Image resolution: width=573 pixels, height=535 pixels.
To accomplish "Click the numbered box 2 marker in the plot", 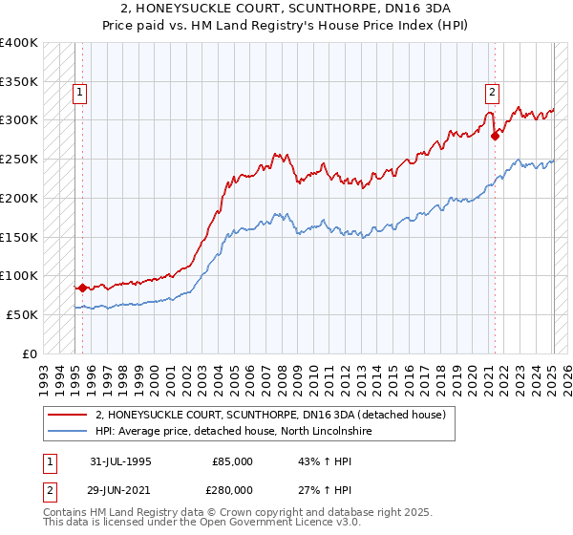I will click(492, 93).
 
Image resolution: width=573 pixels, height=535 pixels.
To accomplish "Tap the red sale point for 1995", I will click(82, 287).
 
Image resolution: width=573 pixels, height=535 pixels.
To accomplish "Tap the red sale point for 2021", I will click(495, 136).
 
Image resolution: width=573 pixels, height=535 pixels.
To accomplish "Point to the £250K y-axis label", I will click(19, 159).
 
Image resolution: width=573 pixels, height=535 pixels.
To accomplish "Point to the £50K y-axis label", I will click(22, 314).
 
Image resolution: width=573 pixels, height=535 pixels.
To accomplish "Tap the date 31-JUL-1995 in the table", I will click(120, 461).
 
